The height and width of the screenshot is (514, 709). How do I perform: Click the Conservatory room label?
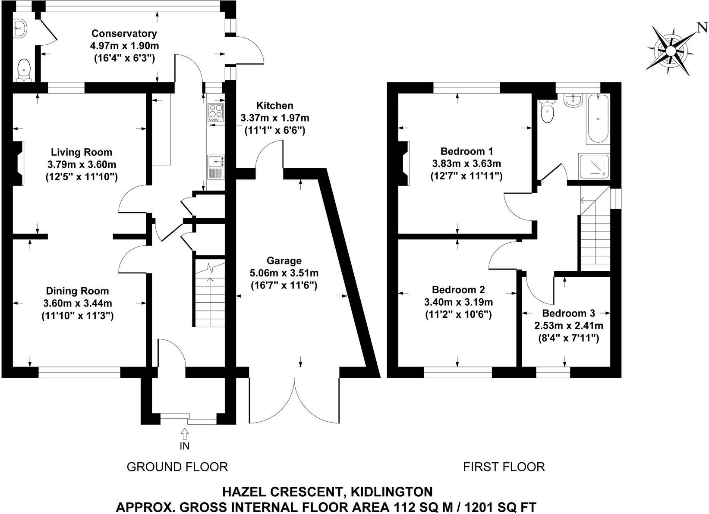(x=124, y=34)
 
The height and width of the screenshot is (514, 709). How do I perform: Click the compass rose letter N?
(x=702, y=28)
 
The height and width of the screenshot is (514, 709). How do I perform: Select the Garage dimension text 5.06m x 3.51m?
(x=284, y=273)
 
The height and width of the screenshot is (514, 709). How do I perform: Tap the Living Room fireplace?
(x=19, y=164)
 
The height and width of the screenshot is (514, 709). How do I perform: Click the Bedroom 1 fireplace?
(x=404, y=163)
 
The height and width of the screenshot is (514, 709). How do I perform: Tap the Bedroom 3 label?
(x=568, y=313)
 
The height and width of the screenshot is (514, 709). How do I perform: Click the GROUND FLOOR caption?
(x=177, y=467)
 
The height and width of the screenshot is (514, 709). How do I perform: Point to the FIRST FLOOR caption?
(x=504, y=467)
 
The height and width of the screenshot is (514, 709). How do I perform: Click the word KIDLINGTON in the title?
(x=391, y=492)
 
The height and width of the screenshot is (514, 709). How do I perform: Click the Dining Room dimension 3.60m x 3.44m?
(x=78, y=304)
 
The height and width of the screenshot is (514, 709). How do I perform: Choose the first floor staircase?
(x=594, y=241)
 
